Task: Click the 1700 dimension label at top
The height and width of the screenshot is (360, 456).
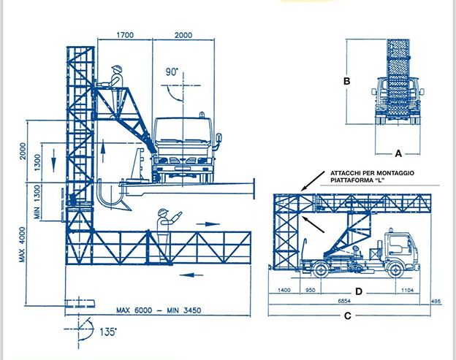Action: pyautogui.click(x=125, y=35)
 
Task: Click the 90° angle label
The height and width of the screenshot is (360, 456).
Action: pyautogui.click(x=172, y=72)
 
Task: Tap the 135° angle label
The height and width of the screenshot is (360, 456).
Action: pyautogui.click(x=108, y=332)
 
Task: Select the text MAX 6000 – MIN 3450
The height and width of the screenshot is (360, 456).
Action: pyautogui.click(x=159, y=310)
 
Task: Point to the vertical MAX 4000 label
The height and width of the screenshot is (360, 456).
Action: pyautogui.click(x=23, y=245)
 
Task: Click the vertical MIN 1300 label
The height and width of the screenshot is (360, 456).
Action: pyautogui.click(x=37, y=202)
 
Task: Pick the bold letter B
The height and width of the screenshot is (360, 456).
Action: pyautogui.click(x=346, y=81)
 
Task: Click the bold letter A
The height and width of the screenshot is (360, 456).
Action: pyautogui.click(x=398, y=153)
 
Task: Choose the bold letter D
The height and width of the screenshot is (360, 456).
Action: pyautogui.click(x=359, y=291)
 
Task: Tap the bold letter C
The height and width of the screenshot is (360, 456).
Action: pyautogui.click(x=348, y=316)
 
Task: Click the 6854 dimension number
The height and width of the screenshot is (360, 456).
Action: pyautogui.click(x=344, y=301)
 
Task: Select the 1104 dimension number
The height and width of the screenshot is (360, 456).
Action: pyautogui.click(x=407, y=290)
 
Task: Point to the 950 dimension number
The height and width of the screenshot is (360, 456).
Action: pyautogui.click(x=311, y=290)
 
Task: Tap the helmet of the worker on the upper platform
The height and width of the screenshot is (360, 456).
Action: pyautogui.click(x=117, y=69)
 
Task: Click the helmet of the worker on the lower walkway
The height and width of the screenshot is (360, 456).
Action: pyautogui.click(x=163, y=212)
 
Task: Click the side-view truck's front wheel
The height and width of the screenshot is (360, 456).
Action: pyautogui.click(x=395, y=270)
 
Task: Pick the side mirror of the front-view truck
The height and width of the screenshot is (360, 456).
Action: pyautogui.click(x=219, y=138)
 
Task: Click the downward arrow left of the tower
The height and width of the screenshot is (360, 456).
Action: pyautogui.click(x=53, y=161)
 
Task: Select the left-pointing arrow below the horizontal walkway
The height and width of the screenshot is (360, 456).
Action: pyautogui.click(x=191, y=275)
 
